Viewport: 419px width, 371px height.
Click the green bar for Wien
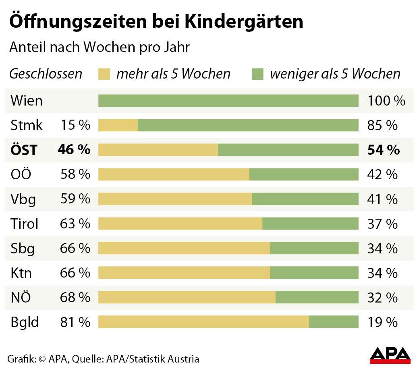(228, 101)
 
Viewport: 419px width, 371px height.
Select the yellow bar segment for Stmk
(118, 125)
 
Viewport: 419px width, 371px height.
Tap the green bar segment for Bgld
(334, 322)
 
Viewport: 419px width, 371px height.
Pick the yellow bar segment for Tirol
(180, 224)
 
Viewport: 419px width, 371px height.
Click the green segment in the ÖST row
(288, 150)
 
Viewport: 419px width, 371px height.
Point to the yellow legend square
(104, 74)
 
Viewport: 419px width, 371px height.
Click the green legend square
(257, 74)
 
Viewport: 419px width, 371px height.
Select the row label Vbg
(23, 199)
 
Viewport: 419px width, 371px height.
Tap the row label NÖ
(21, 298)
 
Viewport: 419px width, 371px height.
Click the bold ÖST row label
(24, 150)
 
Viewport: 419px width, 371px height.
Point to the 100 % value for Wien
(386, 101)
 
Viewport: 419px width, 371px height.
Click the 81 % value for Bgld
(75, 322)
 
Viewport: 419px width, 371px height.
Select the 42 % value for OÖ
(382, 174)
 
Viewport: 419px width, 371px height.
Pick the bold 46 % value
(74, 150)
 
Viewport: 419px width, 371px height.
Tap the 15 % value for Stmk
(75, 125)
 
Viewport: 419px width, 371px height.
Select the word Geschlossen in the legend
(46, 74)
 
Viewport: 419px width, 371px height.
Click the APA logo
(390, 355)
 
